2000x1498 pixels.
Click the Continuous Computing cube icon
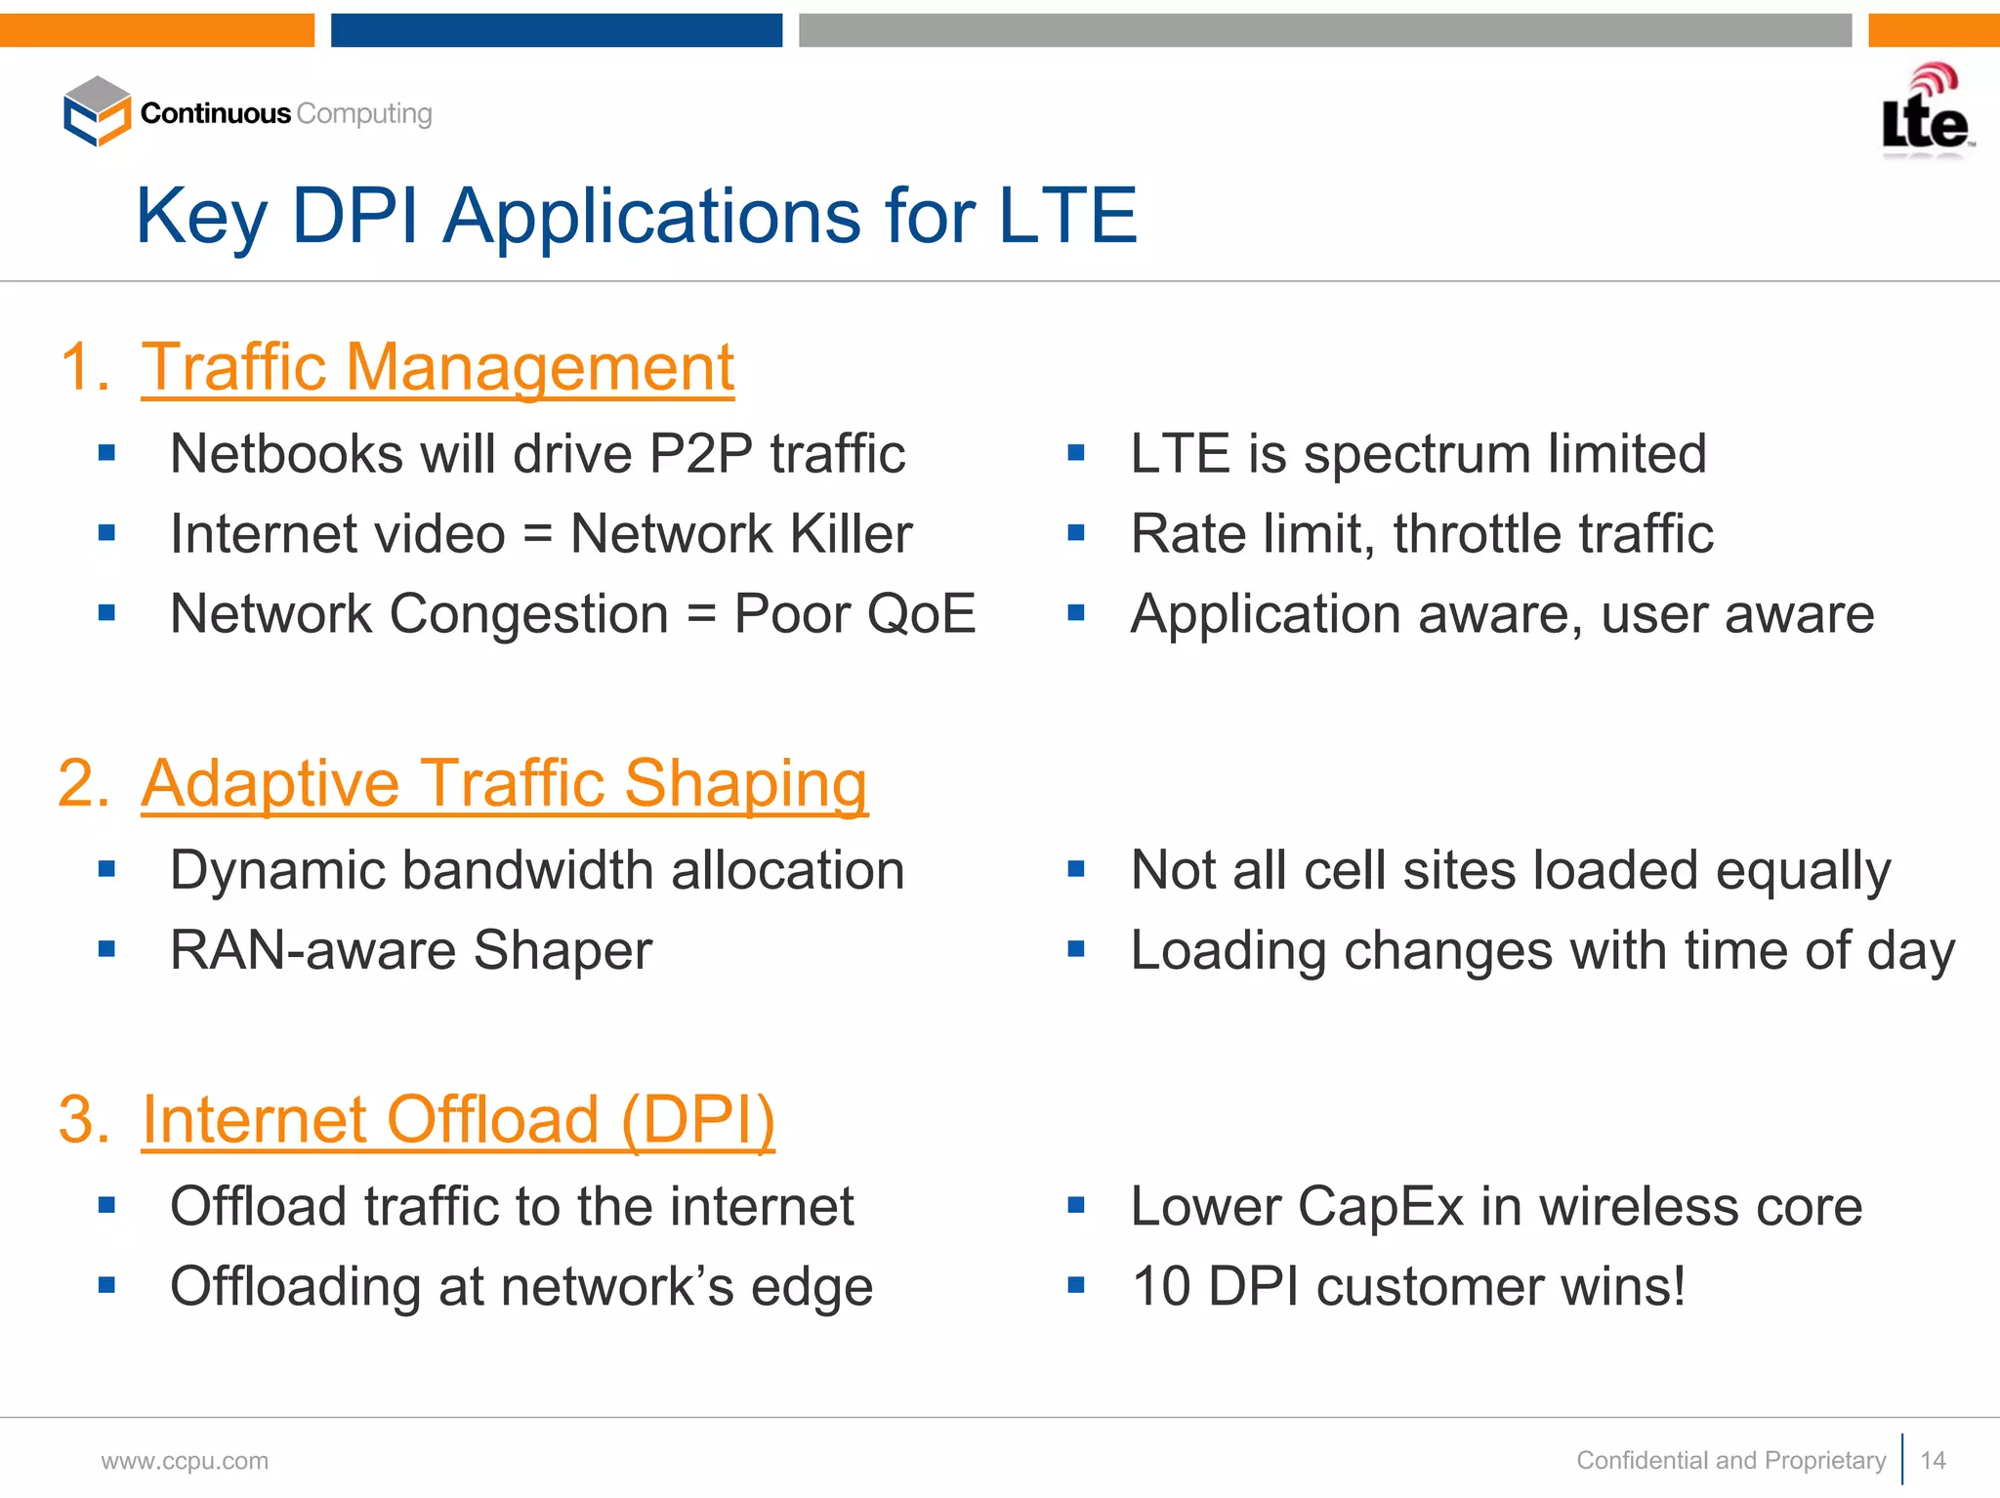click(x=97, y=111)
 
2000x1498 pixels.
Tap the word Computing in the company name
click(x=364, y=113)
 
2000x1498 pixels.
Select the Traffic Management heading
click(x=437, y=367)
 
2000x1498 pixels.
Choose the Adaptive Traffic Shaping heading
click(x=504, y=783)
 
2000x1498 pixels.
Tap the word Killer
click(x=851, y=534)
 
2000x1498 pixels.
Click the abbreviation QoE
click(x=921, y=614)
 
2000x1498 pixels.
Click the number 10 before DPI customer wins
click(x=1161, y=1286)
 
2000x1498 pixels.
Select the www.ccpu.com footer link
click(x=185, y=1461)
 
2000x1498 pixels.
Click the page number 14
click(x=1933, y=1461)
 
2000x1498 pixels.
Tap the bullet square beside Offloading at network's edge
click(x=107, y=1285)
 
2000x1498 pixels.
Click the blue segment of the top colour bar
click(x=557, y=30)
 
